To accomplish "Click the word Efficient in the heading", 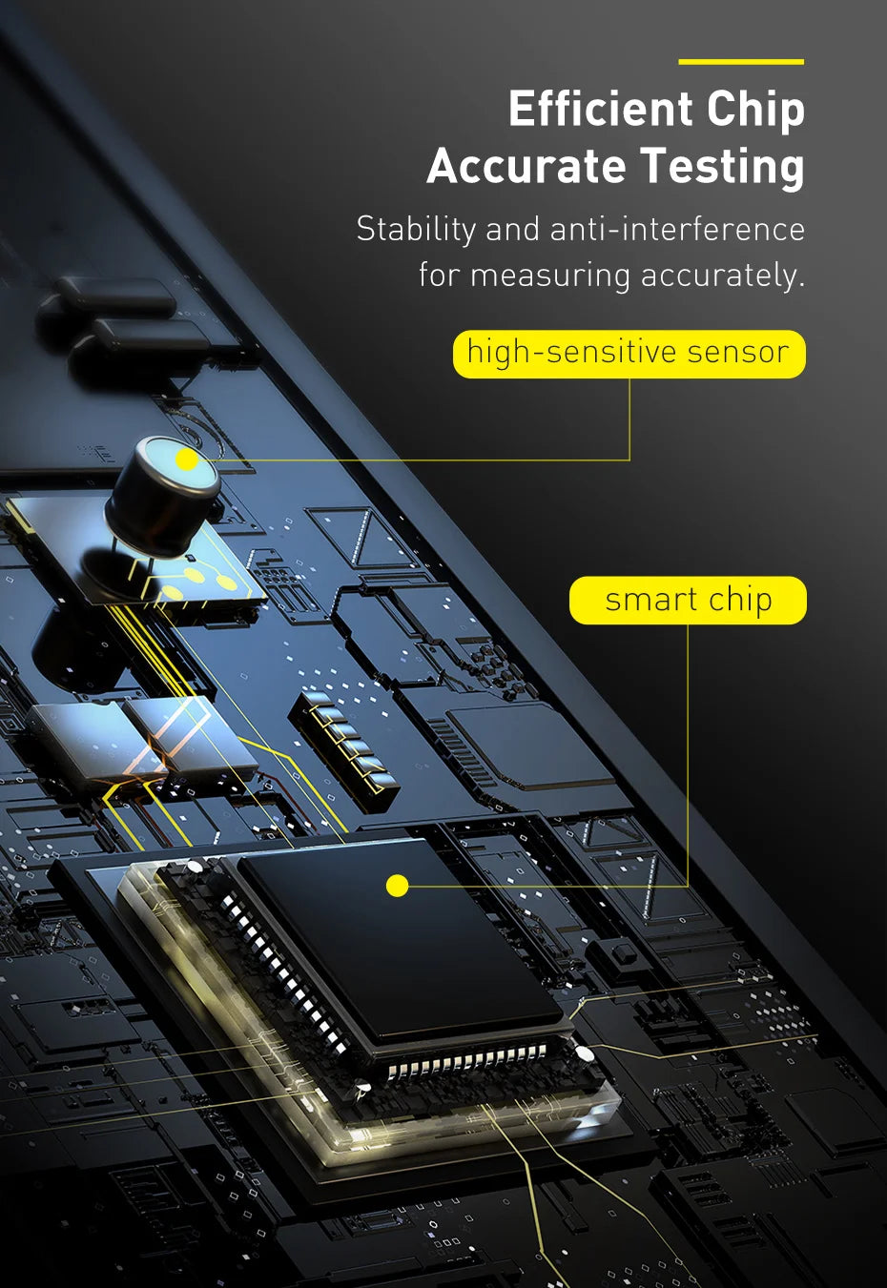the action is tap(600, 109).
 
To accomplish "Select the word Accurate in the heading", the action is tap(526, 166).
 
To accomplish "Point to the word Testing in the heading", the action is tap(723, 168).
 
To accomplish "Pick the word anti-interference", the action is tap(677, 230).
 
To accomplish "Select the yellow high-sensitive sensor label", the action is tap(629, 354).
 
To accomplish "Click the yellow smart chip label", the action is tap(688, 601).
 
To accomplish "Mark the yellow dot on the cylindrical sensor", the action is tap(186, 460).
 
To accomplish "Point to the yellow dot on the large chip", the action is tap(397, 886).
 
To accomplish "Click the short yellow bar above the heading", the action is tap(741, 62).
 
